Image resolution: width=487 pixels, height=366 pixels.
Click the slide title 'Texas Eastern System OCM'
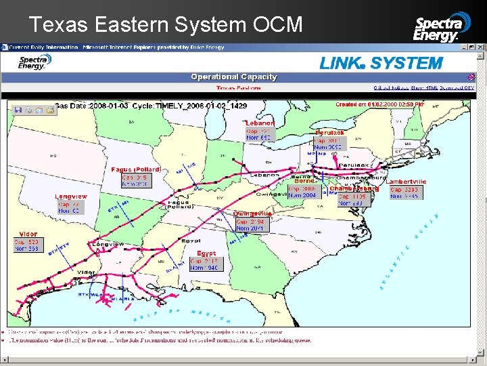click(166, 24)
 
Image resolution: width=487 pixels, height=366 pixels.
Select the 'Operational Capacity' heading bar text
click(234, 77)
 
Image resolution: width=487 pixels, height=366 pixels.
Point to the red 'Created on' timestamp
click(380, 104)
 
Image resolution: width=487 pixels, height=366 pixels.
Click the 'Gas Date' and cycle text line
click(150, 106)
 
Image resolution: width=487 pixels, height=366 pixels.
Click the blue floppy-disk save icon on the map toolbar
click(18, 110)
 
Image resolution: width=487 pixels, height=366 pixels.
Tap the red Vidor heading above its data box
click(28, 234)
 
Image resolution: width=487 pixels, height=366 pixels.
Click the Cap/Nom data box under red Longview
click(68, 207)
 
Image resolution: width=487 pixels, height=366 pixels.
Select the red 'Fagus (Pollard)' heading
click(136, 169)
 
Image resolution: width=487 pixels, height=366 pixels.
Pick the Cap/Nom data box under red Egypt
click(205, 264)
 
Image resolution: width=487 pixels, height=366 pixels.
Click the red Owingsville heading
click(252, 213)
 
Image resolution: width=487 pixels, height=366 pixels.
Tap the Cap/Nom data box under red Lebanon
click(258, 134)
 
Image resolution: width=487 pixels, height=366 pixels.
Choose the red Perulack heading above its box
click(330, 132)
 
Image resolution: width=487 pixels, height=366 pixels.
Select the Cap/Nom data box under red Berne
click(302, 192)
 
